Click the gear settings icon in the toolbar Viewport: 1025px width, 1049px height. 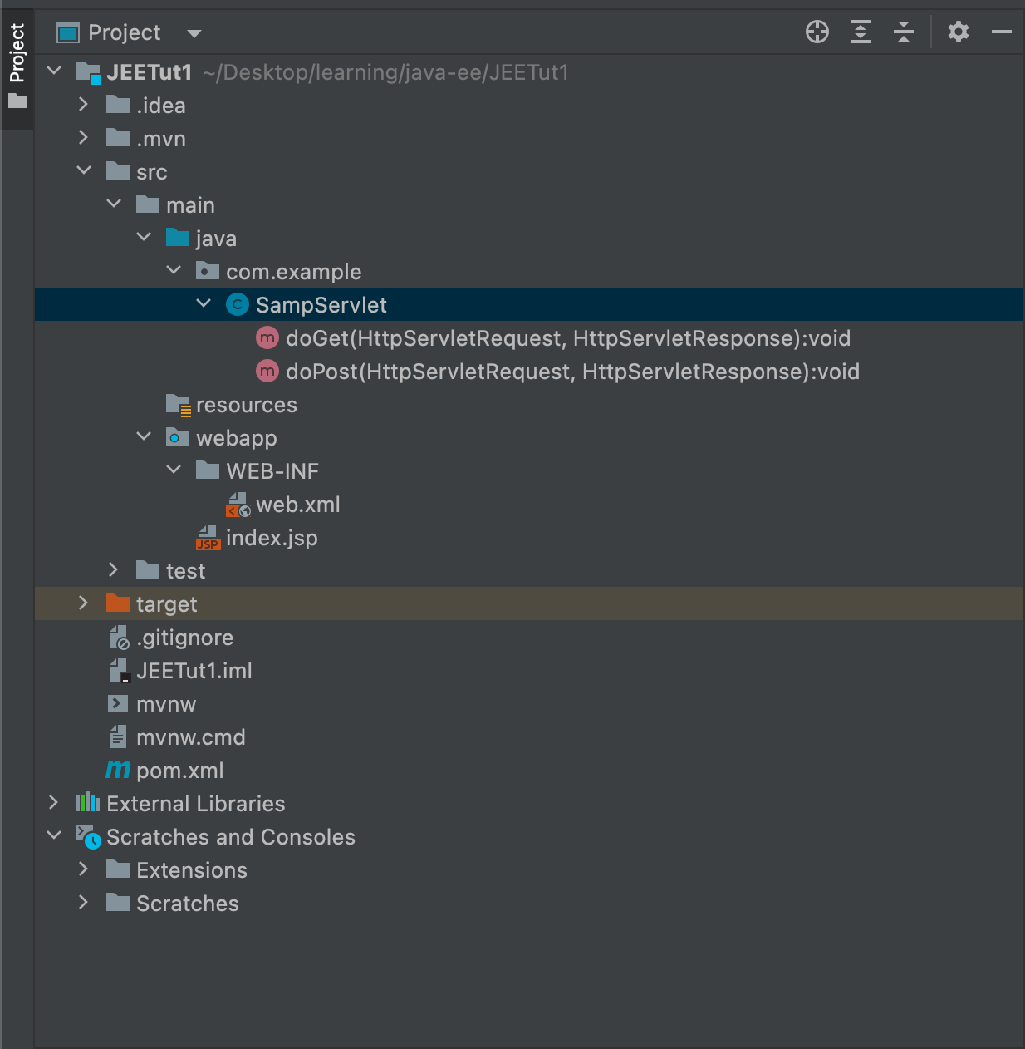coord(959,32)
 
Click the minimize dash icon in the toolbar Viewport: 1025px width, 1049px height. coord(1002,32)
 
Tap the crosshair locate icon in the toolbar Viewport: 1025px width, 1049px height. coord(817,32)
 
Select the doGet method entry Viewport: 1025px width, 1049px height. coord(567,338)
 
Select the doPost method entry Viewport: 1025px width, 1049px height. coord(572,372)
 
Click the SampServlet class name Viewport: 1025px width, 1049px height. coord(321,305)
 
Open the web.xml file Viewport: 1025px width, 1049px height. coord(297,505)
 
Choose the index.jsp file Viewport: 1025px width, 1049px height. coord(272,538)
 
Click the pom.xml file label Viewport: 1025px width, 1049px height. coord(179,771)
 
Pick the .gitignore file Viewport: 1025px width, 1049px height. coord(184,638)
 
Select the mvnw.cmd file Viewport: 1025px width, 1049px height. coord(190,737)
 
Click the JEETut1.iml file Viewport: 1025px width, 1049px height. coord(194,671)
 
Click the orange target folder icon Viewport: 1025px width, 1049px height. coord(118,603)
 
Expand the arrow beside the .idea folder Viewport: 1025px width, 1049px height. coord(83,105)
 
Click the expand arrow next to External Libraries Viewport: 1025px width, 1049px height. coord(53,803)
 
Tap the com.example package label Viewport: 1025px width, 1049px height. coord(293,272)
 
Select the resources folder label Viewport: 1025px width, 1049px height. coord(246,405)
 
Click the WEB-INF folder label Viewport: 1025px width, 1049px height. coord(272,471)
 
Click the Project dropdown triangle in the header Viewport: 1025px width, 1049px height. coord(194,34)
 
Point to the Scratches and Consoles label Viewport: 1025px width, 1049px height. coord(230,837)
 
